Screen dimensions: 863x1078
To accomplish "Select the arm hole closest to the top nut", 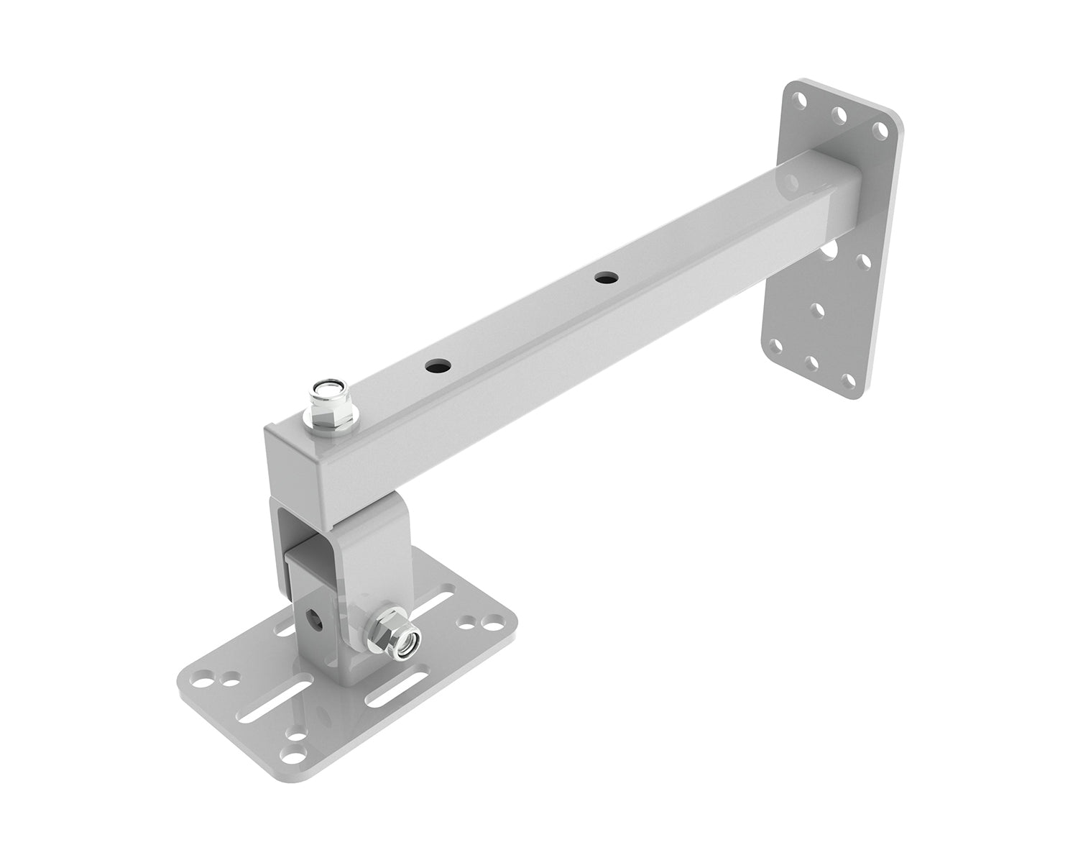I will coord(435,366).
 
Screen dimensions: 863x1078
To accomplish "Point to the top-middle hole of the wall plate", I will coord(839,114).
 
